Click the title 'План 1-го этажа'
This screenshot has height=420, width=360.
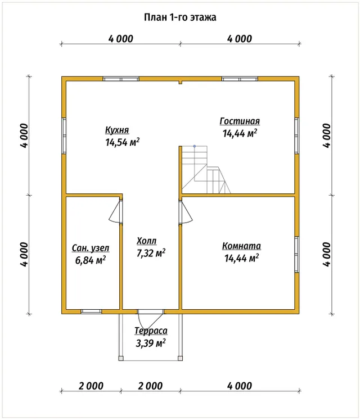point(180,17)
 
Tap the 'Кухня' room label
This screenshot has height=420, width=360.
point(117,130)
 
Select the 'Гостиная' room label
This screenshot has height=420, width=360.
point(240,121)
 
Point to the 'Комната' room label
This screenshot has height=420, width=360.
point(241,246)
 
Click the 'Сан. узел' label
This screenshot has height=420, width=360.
point(91,248)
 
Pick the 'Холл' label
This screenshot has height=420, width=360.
point(147,241)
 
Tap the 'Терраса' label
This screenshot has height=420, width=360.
point(151,331)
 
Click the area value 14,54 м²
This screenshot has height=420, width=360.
point(122,142)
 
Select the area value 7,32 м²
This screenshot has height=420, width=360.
point(151,252)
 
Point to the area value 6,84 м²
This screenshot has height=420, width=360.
point(91,260)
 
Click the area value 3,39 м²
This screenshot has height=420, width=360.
point(150,343)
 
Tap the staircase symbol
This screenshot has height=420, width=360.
point(206,170)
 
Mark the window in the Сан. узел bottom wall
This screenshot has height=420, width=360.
point(92,311)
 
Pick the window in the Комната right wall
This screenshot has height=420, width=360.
point(297,255)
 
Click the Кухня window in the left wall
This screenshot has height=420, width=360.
point(64,136)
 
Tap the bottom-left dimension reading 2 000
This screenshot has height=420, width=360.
point(91,386)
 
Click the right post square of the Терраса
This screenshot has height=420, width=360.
point(181,358)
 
